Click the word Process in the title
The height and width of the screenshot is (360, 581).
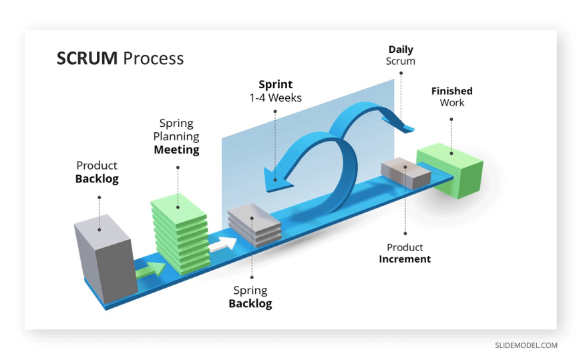153,58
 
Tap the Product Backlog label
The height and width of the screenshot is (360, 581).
97,172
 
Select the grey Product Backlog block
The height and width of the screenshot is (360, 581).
104,257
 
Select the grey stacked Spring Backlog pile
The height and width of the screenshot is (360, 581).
254,226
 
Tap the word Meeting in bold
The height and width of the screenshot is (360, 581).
176,150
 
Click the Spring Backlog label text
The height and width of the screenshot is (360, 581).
250,297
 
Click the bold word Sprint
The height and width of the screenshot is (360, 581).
276,85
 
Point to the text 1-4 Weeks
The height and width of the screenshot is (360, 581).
276,98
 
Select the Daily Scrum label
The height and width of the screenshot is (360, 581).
401,55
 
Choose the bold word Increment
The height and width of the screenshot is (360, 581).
405,259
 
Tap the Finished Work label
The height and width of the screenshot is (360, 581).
451,96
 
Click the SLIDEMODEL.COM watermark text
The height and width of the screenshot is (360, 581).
526,345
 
